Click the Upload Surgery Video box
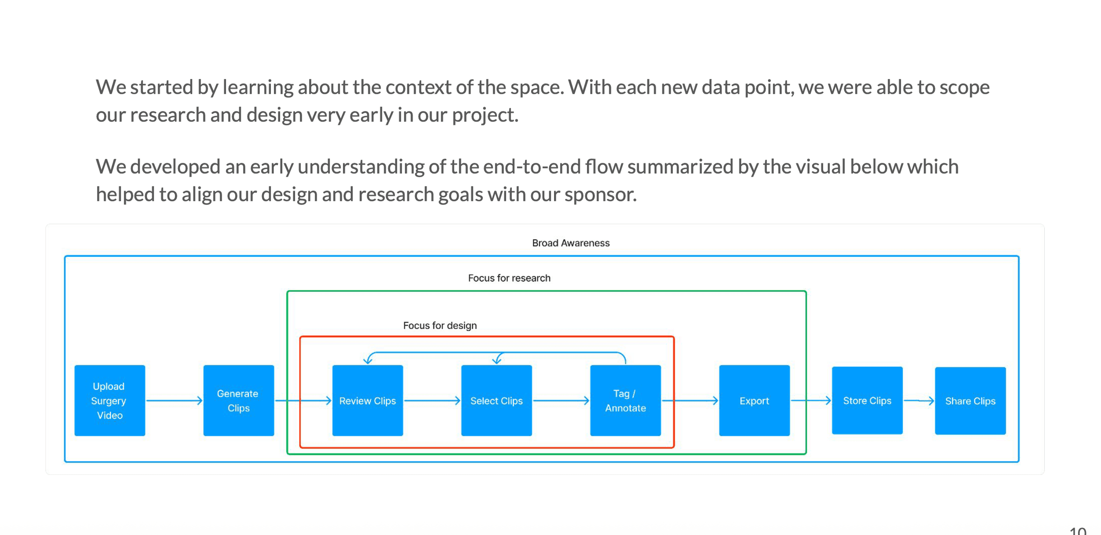click(110, 400)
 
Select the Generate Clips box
click(239, 400)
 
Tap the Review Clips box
click(368, 400)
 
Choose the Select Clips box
click(497, 400)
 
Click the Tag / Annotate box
click(625, 400)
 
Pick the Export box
click(754, 400)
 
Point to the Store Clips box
click(867, 400)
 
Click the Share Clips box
click(970, 401)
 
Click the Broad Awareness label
click(571, 243)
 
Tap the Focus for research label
click(509, 278)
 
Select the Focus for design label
click(440, 326)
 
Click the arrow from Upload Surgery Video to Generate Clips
click(174, 400)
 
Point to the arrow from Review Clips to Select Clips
click(432, 400)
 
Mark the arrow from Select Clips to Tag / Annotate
click(562, 400)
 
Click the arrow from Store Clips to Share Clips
click(919, 400)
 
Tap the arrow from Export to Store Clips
click(811, 400)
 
